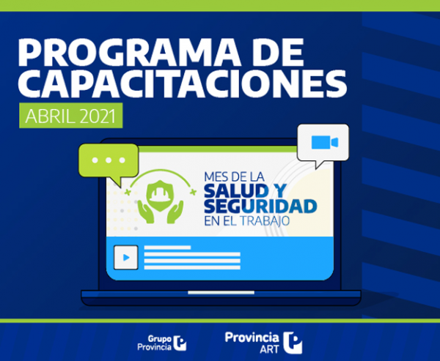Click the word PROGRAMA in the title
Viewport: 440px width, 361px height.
(x=129, y=52)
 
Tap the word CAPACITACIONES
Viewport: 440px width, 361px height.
(x=183, y=83)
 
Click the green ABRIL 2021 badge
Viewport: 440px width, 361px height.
(x=70, y=116)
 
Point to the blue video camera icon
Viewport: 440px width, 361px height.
(x=325, y=142)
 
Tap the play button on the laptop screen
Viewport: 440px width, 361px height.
(x=125, y=257)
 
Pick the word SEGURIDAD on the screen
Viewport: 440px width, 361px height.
(x=260, y=206)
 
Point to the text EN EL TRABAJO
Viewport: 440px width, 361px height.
(x=246, y=221)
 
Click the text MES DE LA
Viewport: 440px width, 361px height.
(x=234, y=177)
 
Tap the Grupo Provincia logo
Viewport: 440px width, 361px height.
(x=161, y=343)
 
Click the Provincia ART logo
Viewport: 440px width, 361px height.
(x=263, y=343)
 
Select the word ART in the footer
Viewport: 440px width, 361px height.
(x=269, y=349)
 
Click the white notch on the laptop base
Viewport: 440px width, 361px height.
(x=221, y=293)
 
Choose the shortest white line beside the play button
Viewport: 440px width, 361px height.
(x=167, y=248)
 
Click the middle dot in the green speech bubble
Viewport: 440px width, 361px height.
(x=109, y=160)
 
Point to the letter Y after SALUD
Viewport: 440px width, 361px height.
(x=279, y=191)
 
